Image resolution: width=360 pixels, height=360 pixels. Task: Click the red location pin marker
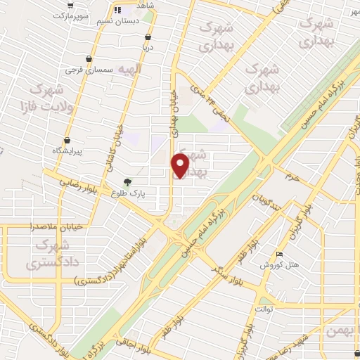click(181, 165)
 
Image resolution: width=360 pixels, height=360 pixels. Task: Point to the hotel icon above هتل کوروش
click(281, 255)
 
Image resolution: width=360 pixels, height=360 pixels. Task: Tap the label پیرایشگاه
click(68, 151)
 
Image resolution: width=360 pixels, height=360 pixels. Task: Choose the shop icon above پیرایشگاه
click(67, 140)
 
